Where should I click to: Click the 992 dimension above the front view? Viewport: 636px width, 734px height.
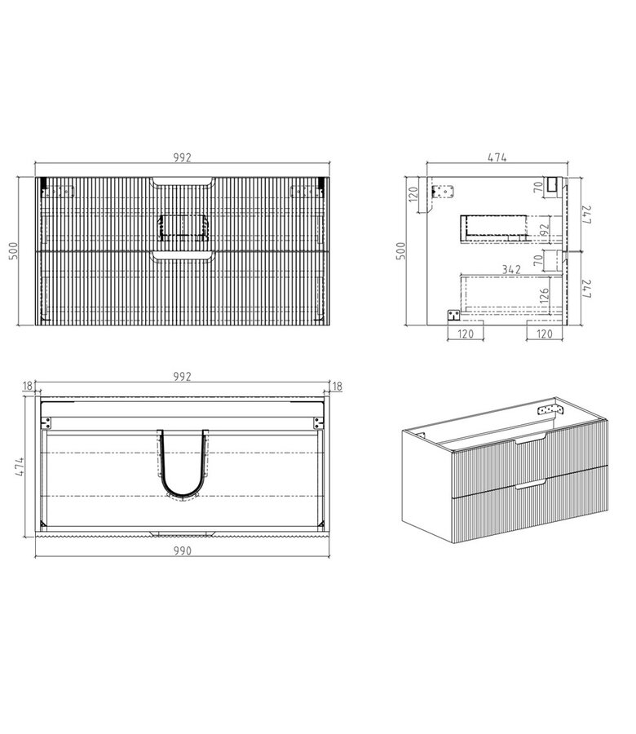coord(182,158)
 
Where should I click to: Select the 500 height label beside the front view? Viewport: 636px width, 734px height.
coord(14,250)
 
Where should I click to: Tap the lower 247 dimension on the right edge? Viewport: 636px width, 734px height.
coord(584,289)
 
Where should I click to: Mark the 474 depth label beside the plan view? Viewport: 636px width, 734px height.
coord(14,466)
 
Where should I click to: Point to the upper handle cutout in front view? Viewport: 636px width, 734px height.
coord(183,181)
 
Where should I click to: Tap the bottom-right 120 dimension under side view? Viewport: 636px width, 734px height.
coord(545,334)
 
